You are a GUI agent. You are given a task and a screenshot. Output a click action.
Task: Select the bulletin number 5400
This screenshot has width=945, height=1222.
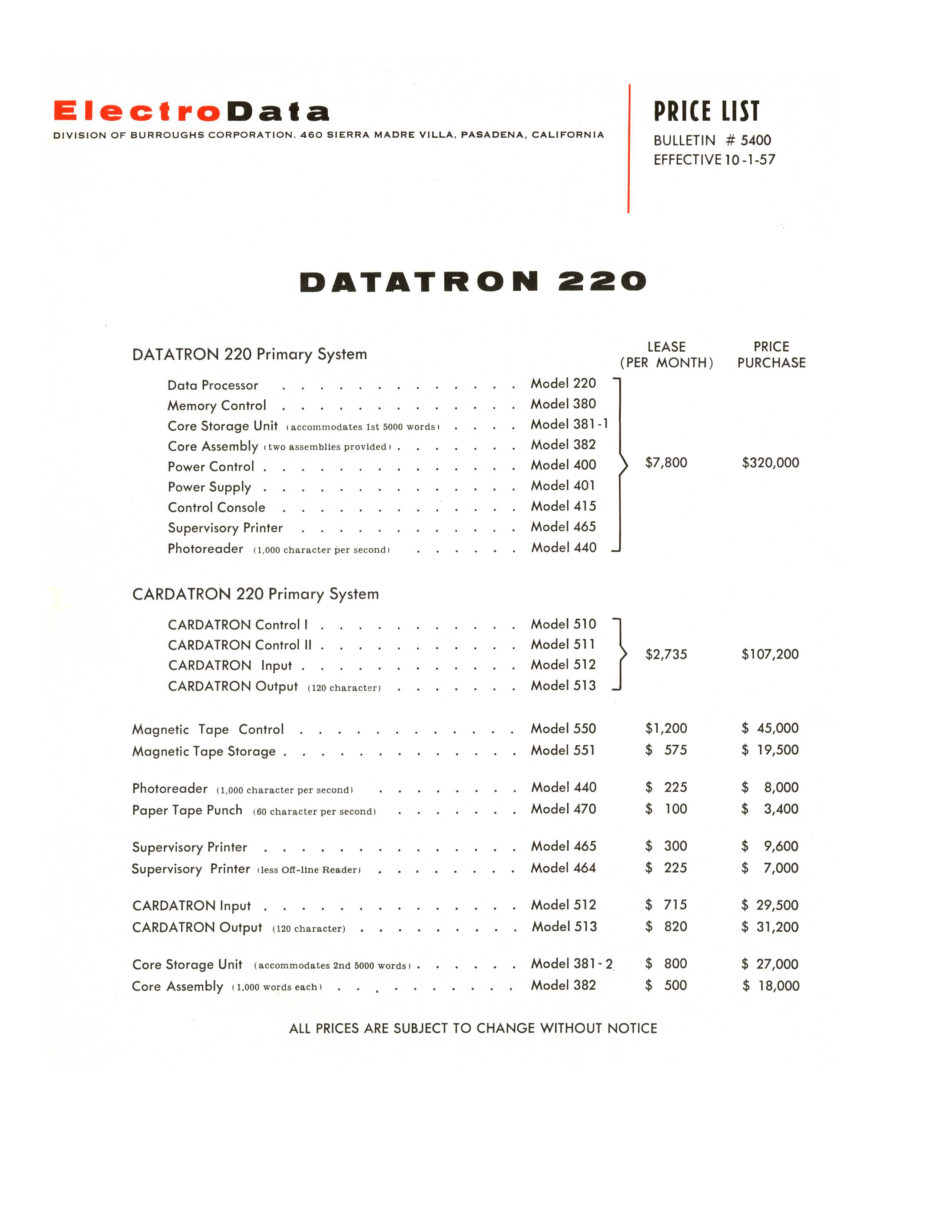[x=755, y=140]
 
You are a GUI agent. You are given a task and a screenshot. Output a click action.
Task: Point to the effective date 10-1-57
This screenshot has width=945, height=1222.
[x=750, y=160]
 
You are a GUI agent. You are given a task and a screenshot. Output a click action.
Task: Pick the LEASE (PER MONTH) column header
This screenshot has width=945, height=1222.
[x=666, y=355]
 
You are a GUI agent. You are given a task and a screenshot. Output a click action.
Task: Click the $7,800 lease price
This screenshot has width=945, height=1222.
[x=666, y=463]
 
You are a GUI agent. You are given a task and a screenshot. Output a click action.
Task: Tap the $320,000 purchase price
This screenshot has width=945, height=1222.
[x=770, y=463]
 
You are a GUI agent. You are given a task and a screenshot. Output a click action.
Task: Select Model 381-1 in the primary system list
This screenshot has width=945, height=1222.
[x=569, y=424]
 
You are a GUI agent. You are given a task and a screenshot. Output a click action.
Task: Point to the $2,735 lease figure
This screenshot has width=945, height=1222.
[x=666, y=654]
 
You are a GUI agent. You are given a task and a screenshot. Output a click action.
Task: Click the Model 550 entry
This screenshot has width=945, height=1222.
[x=563, y=728]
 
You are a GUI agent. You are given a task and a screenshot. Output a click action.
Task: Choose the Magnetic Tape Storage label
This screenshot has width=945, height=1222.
[x=204, y=751]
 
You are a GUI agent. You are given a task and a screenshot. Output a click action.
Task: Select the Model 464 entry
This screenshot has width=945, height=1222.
[x=563, y=868]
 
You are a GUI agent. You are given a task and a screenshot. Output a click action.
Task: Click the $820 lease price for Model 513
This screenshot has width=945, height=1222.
[x=666, y=926]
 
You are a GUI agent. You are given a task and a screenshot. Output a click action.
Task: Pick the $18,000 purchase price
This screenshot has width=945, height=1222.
[x=772, y=986]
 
